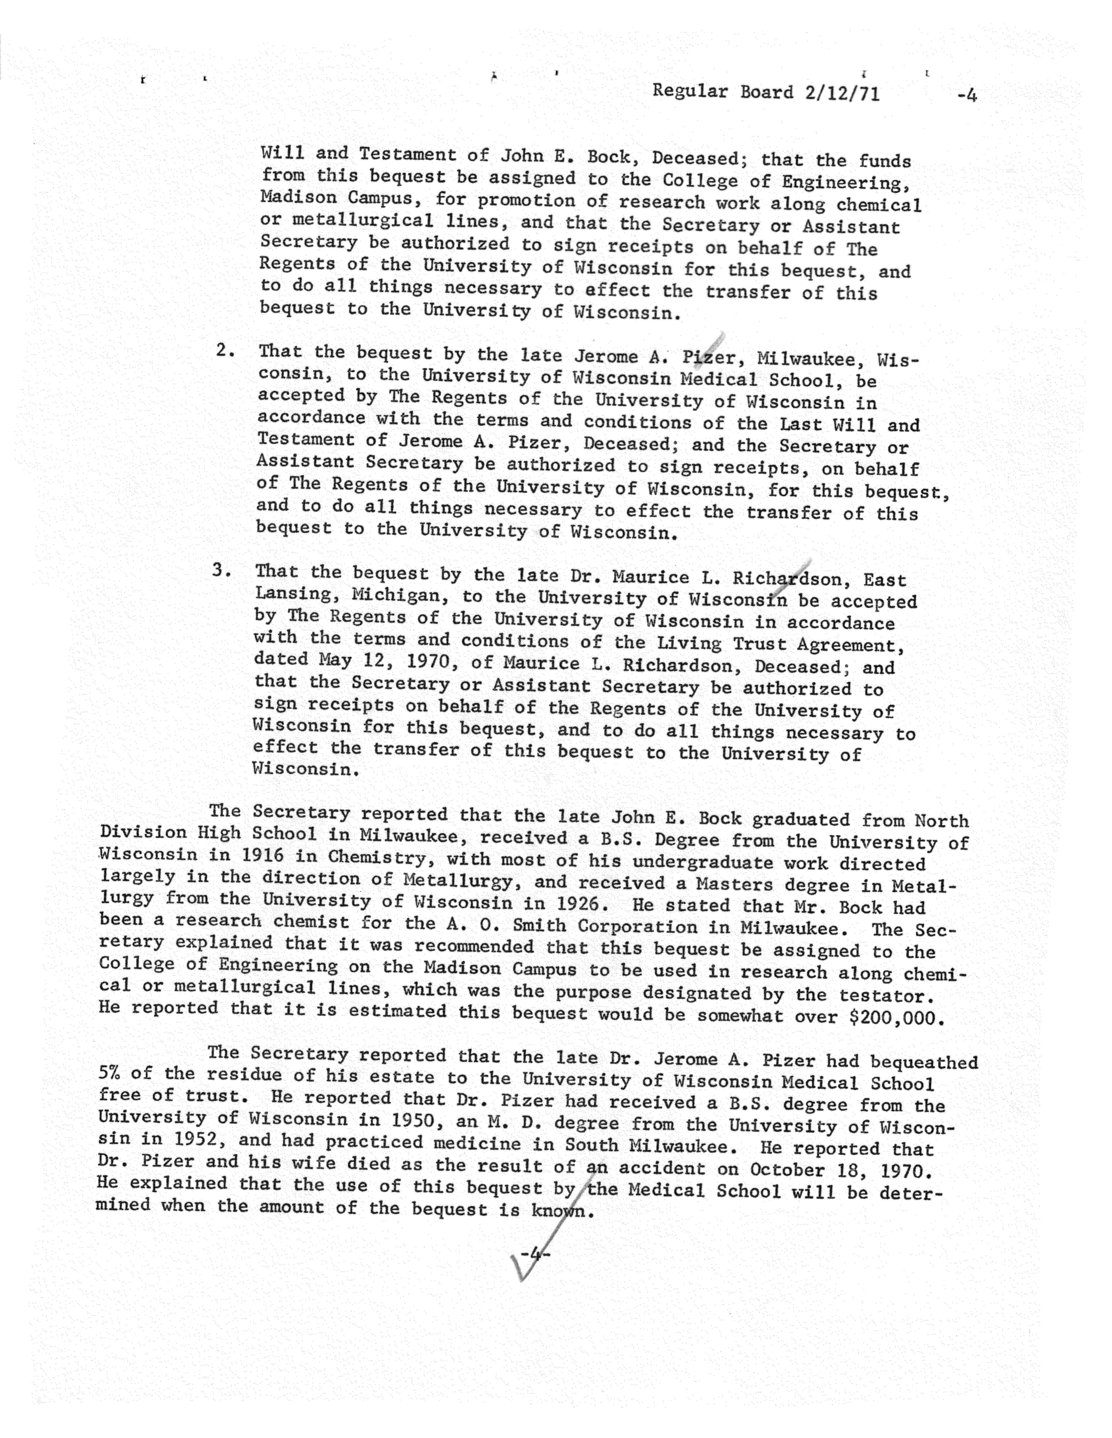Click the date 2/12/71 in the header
pos(841,93)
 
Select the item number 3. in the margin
pos(222,570)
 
